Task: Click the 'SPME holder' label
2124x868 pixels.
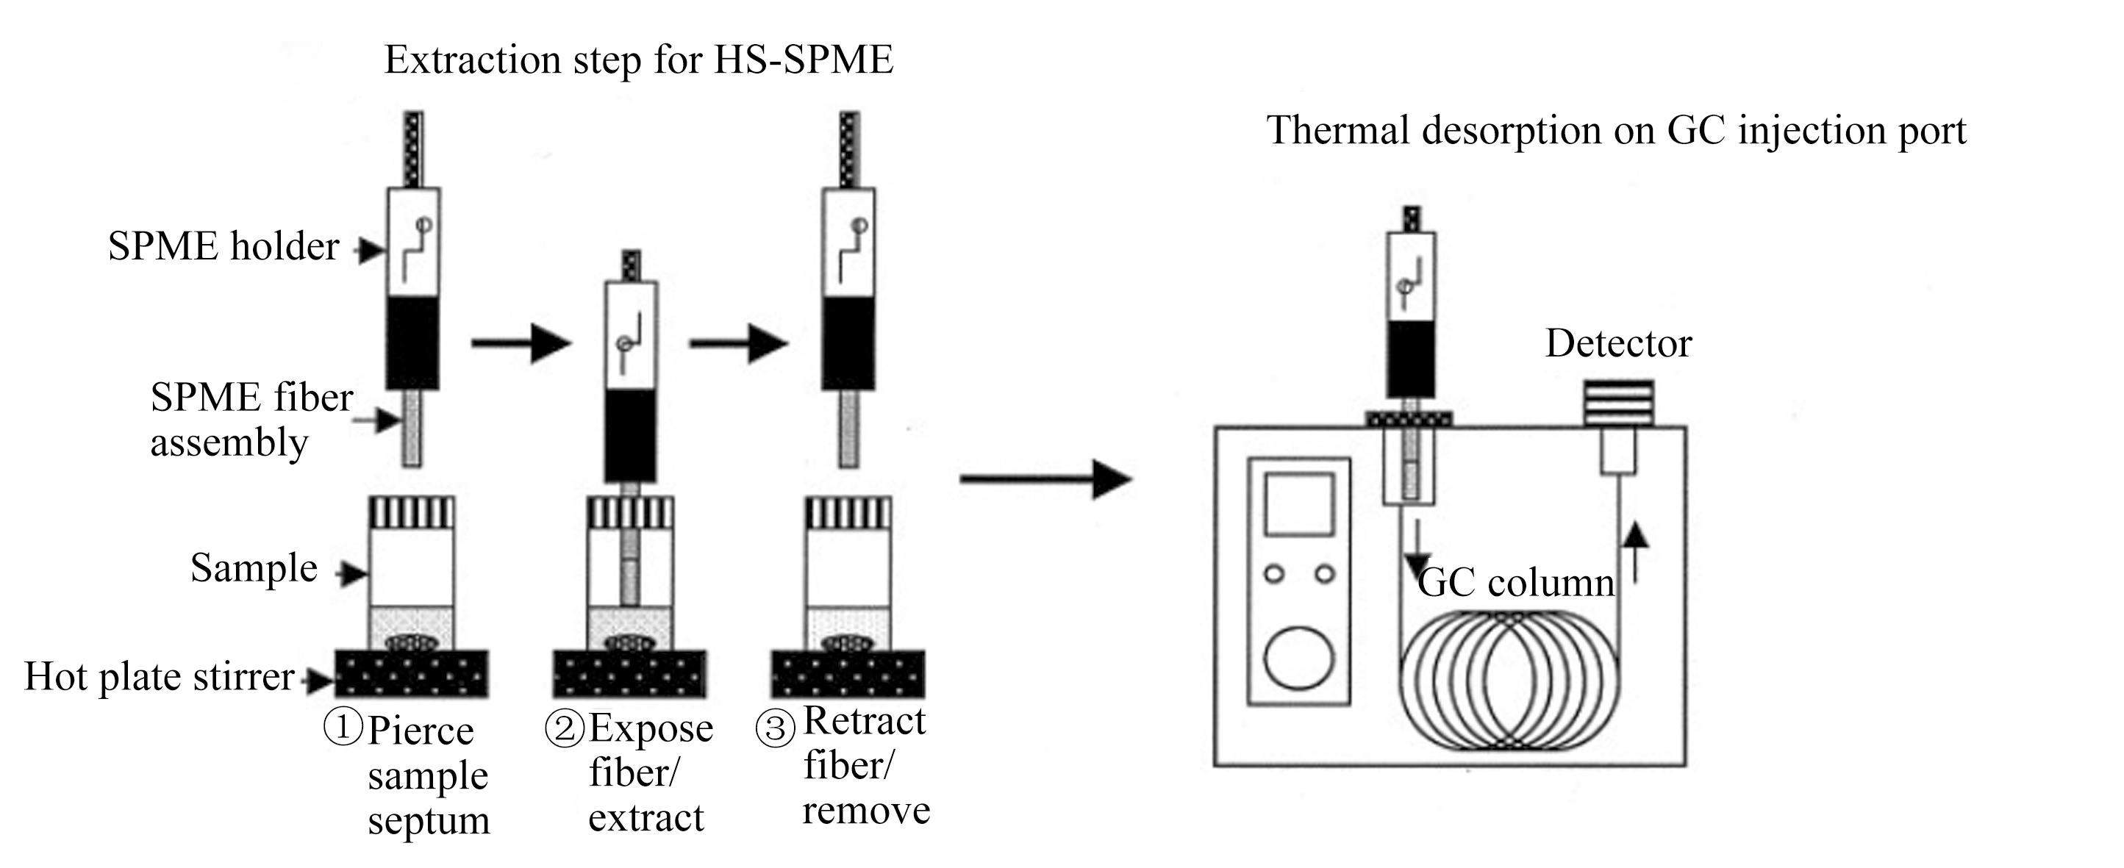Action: click(x=224, y=245)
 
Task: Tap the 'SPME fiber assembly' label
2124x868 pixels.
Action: click(x=251, y=420)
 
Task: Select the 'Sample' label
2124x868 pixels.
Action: click(x=254, y=569)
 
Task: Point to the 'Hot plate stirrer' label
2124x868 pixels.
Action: click(x=159, y=678)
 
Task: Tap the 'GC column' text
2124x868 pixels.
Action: click(x=1516, y=583)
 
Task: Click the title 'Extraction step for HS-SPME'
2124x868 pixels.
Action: click(x=639, y=60)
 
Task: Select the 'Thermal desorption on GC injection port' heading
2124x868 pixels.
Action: click(x=1616, y=131)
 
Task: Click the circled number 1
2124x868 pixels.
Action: click(x=343, y=728)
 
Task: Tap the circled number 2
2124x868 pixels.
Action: click(x=565, y=728)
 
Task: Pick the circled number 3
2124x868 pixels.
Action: click(x=775, y=728)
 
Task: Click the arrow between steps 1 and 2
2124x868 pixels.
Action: click(x=521, y=343)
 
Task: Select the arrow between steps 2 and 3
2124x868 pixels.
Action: click(x=739, y=343)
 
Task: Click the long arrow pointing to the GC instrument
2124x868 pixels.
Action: click(x=1046, y=479)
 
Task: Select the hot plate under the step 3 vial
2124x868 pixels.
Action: click(x=848, y=674)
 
